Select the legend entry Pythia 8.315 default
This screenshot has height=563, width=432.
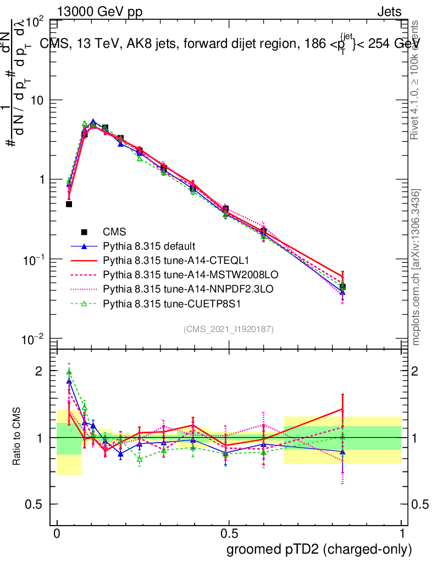coord(149,246)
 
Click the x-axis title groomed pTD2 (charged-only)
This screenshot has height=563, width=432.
coord(319,549)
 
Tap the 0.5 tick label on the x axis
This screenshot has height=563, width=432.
coord(229,534)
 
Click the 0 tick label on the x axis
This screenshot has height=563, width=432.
coord(57,534)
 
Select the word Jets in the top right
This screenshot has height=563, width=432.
coord(389,12)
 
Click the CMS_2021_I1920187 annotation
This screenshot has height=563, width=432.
coord(229,329)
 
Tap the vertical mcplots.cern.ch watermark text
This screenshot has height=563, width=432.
coord(417,267)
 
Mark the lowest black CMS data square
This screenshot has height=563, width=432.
coord(69,204)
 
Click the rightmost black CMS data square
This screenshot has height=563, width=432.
coord(342,286)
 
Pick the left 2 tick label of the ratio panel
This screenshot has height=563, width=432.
coord(38,371)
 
